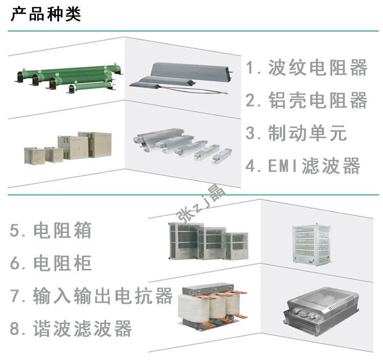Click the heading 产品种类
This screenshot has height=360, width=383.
(46, 14)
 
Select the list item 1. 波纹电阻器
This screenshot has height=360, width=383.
(306, 68)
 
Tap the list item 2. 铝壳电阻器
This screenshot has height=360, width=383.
(306, 100)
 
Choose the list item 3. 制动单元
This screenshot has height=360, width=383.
(296, 133)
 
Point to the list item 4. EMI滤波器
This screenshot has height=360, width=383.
(303, 166)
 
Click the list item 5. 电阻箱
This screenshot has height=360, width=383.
(51, 230)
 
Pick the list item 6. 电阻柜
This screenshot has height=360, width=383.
(51, 263)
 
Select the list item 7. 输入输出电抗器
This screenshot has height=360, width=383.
(92, 296)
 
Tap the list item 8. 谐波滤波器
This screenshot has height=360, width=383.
(71, 329)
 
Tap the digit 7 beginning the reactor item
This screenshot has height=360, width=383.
(16, 296)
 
